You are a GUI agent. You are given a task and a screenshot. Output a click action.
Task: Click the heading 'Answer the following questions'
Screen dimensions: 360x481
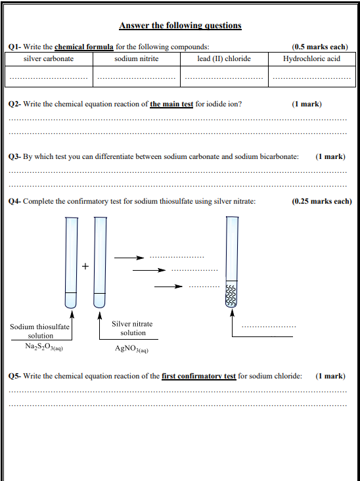pyautogui.click(x=180, y=25)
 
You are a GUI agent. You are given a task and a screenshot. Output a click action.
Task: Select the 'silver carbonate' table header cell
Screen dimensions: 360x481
pyautogui.click(x=49, y=59)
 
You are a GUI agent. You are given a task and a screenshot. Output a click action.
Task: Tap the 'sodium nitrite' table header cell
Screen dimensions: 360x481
pyautogui.click(x=137, y=59)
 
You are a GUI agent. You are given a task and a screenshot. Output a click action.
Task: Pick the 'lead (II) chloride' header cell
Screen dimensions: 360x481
pyautogui.click(x=224, y=59)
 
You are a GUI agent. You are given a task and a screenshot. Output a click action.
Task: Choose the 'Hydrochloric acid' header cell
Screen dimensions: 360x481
pyautogui.click(x=311, y=59)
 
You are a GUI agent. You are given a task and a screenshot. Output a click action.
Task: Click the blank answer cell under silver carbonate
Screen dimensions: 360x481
pyautogui.click(x=49, y=76)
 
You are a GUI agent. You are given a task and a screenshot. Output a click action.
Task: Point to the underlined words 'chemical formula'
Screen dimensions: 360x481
pyautogui.click(x=84, y=47)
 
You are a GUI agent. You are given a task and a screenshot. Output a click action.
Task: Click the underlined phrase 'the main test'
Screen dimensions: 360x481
pyautogui.click(x=171, y=104)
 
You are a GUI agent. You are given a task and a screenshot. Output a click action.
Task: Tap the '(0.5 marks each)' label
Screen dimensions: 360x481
pyautogui.click(x=320, y=47)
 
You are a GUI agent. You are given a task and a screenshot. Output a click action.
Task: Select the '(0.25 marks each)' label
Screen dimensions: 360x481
pyautogui.click(x=322, y=202)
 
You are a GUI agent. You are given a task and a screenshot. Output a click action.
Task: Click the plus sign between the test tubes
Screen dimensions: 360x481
pyautogui.click(x=85, y=266)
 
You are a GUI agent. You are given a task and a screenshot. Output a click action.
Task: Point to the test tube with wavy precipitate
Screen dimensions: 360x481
pyautogui.click(x=232, y=262)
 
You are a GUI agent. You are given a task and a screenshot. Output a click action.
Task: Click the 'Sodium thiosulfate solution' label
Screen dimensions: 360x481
pyautogui.click(x=40, y=331)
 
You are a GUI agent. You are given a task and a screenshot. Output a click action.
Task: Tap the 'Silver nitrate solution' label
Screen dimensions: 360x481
pyautogui.click(x=132, y=329)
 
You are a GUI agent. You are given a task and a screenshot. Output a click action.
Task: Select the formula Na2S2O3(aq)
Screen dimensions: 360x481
pyautogui.click(x=44, y=347)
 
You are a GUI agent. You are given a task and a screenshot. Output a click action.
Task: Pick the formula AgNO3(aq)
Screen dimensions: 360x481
pyautogui.click(x=131, y=349)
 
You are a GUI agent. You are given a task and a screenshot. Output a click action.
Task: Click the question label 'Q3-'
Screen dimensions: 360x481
pyautogui.click(x=14, y=157)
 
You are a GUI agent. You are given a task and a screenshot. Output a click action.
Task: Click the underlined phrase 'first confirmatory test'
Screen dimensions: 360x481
pyautogui.click(x=198, y=376)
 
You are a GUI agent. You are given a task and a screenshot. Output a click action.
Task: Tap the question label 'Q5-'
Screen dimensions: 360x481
pyautogui.click(x=14, y=376)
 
